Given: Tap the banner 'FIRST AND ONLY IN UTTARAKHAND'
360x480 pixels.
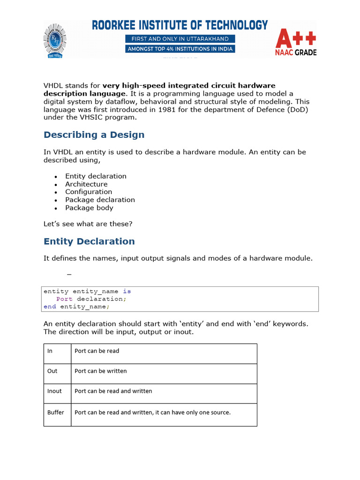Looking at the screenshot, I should [x=180, y=38].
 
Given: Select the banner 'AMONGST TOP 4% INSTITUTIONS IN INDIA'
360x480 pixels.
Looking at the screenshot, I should [x=180, y=49].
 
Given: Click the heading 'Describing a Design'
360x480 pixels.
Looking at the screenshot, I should [x=94, y=135].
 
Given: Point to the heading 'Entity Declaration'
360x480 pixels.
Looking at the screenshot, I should [x=89, y=241].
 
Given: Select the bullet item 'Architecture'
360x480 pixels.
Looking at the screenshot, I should [x=86, y=184].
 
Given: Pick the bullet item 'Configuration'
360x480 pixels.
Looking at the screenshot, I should [x=89, y=192].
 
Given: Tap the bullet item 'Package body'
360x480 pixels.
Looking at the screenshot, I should [x=89, y=208].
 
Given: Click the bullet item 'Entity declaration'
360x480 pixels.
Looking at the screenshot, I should [x=96, y=176].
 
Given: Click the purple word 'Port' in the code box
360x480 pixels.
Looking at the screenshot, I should [x=64, y=299].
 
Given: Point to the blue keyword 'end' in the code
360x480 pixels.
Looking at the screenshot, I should [x=50, y=307].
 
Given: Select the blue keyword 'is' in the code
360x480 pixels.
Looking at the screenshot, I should [x=127, y=291].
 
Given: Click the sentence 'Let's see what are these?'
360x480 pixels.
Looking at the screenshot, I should [x=88, y=224].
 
